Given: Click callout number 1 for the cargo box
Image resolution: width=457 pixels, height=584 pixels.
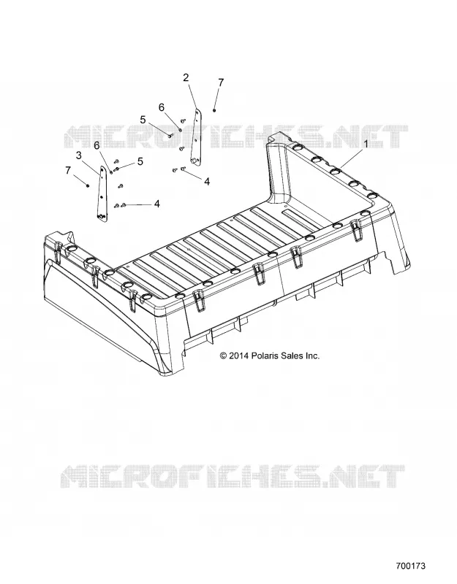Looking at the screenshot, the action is pos(366,144).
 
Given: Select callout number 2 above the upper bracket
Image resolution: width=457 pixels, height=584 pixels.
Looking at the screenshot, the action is pos(186,77).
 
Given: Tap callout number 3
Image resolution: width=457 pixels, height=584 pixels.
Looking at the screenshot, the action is pos(79,155).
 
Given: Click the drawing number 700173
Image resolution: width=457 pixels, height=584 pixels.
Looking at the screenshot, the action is pos(410,566).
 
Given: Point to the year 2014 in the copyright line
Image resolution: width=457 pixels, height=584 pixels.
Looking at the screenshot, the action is pos(239,356).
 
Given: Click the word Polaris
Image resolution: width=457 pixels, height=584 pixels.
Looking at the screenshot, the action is pos(264,356).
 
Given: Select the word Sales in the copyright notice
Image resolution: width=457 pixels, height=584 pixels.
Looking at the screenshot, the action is pos(292,356).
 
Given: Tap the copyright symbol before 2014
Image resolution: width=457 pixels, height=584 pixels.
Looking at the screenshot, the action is pos(224,356).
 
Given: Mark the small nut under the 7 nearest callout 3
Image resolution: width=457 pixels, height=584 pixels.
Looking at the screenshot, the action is pos(87,185).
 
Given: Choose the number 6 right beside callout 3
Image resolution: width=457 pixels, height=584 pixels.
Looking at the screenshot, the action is pos(97,145).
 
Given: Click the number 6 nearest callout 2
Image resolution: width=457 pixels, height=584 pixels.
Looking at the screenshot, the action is pos(162,107).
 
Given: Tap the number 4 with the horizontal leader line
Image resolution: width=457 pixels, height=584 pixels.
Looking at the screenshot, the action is pos(157,204).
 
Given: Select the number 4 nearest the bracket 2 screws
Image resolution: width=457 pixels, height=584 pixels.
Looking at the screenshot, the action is pos(207,181).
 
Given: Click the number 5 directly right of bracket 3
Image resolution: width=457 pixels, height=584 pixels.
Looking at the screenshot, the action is pos(140,161).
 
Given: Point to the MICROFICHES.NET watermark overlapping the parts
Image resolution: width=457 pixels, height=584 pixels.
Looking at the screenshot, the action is pos(236,137).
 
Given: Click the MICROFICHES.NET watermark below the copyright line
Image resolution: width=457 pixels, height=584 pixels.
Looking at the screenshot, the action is pos(233,477).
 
